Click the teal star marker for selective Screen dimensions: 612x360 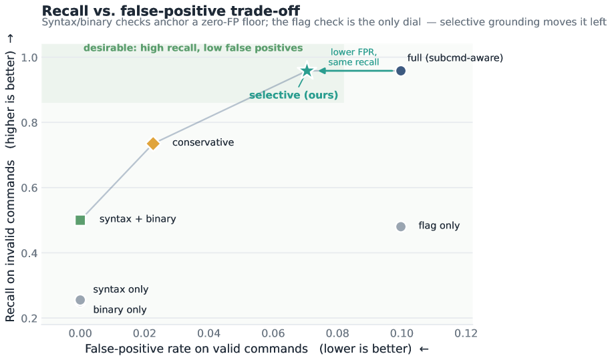(x=307, y=71)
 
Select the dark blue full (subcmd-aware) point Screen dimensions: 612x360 (x=400, y=71)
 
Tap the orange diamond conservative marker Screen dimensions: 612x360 (x=153, y=144)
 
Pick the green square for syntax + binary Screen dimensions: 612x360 (x=80, y=220)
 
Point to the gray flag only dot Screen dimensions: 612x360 (x=400, y=226)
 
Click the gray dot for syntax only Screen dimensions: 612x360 (x=80, y=300)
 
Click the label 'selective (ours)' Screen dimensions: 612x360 (x=293, y=95)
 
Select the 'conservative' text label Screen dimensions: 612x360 (x=203, y=142)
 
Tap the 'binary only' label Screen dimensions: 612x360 (x=120, y=310)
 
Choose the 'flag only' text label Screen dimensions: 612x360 (x=439, y=226)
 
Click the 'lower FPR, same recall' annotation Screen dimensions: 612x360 (x=353, y=57)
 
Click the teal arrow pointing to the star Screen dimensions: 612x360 (x=356, y=71)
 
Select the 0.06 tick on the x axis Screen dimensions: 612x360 (x=273, y=333)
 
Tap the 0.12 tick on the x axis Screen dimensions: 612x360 (x=466, y=333)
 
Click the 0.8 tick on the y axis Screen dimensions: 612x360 (x=29, y=123)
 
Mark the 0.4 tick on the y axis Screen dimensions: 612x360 (x=29, y=254)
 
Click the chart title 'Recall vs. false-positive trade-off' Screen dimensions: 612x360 (x=171, y=11)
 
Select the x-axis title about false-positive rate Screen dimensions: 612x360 (x=257, y=348)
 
